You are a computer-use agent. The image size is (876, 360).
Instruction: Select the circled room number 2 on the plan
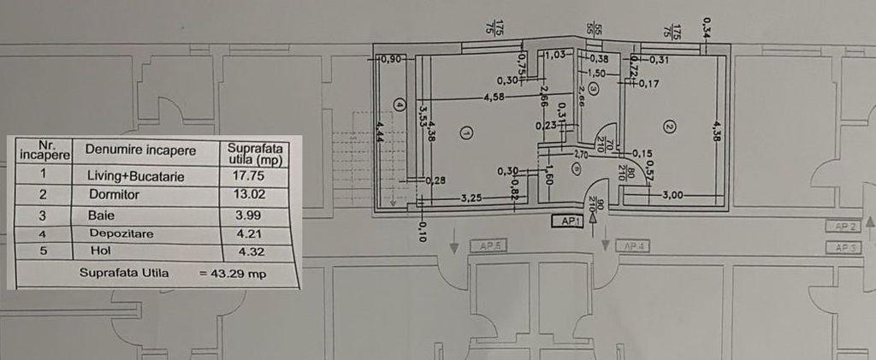click(670, 127)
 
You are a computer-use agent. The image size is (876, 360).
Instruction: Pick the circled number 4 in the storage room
click(400, 105)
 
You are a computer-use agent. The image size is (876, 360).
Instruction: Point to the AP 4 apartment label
click(634, 247)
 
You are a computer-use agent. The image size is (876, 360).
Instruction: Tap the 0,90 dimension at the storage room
click(391, 59)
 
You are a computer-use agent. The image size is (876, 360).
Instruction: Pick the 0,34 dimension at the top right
click(706, 27)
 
